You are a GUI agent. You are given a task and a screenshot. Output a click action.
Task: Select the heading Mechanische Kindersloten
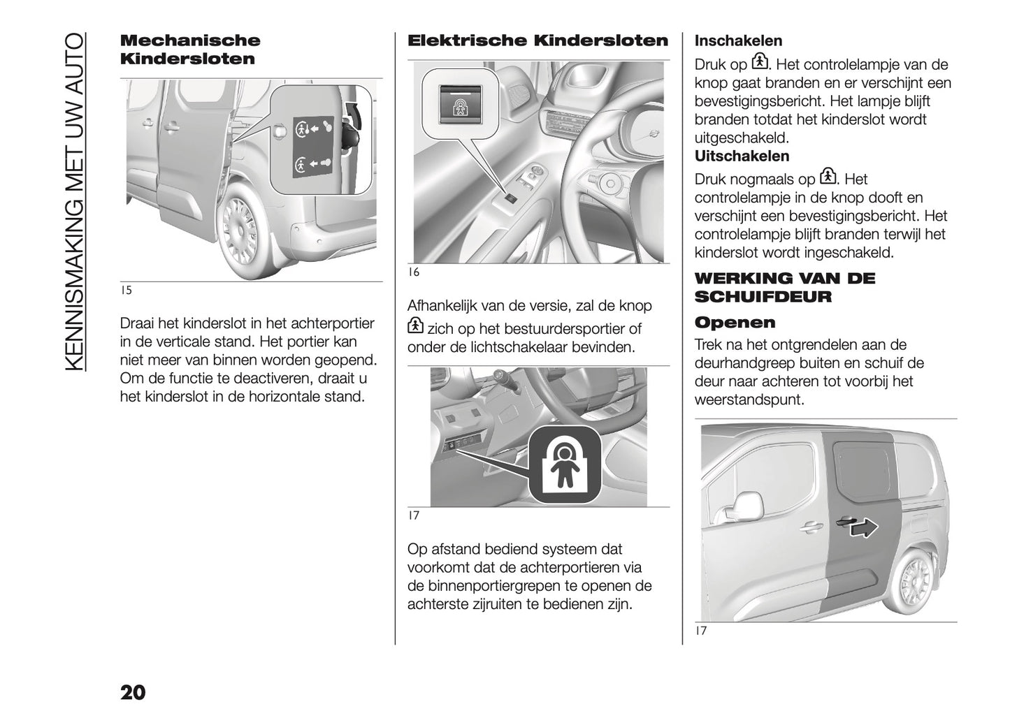[x=189, y=50]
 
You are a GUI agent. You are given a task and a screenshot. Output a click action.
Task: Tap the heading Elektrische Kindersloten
[x=538, y=41]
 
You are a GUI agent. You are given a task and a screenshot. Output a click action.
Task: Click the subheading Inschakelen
[x=738, y=41]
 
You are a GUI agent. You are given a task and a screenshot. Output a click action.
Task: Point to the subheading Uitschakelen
[x=742, y=156]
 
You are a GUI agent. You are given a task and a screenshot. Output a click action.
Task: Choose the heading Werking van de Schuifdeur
[x=784, y=287]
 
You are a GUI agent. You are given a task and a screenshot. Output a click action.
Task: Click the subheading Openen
[x=735, y=323]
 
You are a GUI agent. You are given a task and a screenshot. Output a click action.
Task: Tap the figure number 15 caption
[x=126, y=291]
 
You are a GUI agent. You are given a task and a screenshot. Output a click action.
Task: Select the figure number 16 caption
[x=414, y=272]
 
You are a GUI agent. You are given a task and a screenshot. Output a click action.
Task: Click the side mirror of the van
[x=748, y=504]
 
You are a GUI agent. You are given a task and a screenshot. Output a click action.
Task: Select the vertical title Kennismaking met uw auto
[x=75, y=203]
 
